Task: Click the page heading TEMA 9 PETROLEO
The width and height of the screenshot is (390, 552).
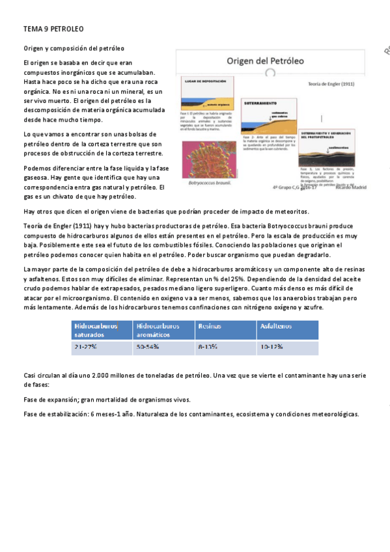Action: click(53, 29)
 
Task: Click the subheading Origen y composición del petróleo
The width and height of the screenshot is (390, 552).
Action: click(74, 48)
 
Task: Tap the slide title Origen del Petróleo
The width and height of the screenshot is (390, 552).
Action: click(265, 61)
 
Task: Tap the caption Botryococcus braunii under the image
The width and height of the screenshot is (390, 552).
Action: click(209, 184)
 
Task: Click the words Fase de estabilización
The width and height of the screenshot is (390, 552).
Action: click(55, 414)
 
